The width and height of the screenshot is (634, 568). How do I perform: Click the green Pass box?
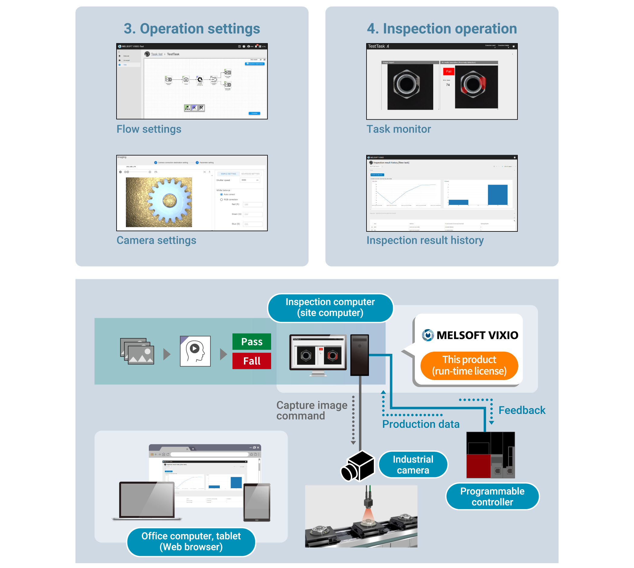[251, 341]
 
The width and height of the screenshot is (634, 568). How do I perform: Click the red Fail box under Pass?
[251, 361]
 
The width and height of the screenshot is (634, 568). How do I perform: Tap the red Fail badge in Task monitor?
[448, 72]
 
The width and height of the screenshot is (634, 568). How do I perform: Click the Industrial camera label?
[413, 464]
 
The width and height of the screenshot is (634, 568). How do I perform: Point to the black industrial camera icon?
[358, 466]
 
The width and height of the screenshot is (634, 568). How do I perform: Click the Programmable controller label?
[492, 496]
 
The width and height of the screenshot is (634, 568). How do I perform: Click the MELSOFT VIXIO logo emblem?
[427, 335]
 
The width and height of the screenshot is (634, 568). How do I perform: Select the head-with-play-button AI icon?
[195, 351]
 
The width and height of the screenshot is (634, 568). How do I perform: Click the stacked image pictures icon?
[137, 351]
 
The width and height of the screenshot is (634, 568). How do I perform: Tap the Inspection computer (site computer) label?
[330, 307]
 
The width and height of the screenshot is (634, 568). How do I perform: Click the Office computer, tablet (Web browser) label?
[191, 541]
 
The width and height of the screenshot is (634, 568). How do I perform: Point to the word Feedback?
[522, 410]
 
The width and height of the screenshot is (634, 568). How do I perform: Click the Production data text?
[421, 424]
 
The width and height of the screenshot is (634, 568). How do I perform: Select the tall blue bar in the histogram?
[497, 195]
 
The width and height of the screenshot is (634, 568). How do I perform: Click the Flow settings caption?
[149, 129]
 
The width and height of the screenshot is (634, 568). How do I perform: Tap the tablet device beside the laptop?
[257, 502]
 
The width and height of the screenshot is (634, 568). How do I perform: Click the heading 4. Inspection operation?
[442, 29]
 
